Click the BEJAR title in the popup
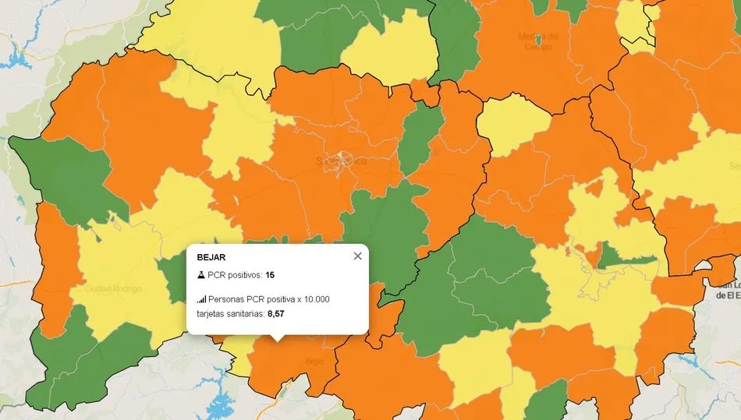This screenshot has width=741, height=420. [x=211, y=256]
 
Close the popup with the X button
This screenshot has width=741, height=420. [x=357, y=256]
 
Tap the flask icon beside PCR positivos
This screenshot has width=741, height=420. [x=200, y=275]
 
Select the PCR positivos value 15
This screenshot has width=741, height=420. [x=269, y=275]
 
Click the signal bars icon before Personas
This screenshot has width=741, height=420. [x=201, y=299]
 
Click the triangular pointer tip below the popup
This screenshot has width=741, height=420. [x=277, y=339]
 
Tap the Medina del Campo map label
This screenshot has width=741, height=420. [x=538, y=41]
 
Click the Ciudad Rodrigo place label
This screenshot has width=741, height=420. [x=115, y=289]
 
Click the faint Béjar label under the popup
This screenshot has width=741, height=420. [x=314, y=362]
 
